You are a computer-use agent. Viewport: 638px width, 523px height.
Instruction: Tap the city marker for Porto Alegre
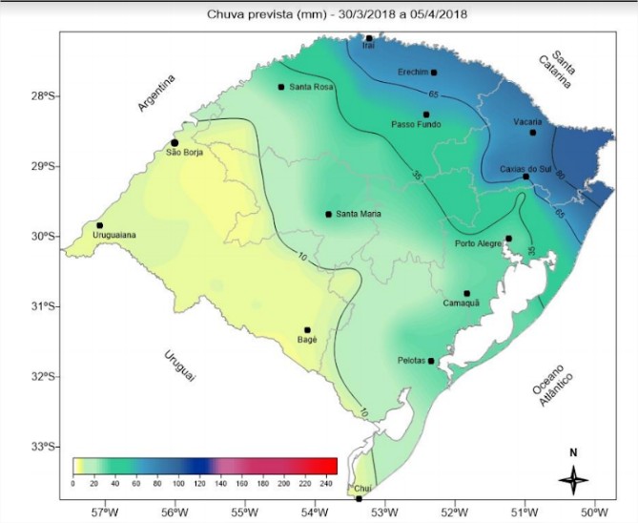tap(508, 239)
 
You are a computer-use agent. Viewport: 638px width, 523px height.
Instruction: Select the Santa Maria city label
tap(359, 215)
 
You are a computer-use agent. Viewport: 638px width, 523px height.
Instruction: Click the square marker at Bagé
tap(307, 330)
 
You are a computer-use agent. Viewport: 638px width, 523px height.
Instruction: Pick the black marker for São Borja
tap(175, 142)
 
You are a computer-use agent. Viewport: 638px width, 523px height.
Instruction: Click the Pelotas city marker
tap(431, 361)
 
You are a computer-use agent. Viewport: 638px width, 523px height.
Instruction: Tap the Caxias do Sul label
tap(526, 169)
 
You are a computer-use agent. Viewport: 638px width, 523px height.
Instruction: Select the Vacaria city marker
tap(533, 132)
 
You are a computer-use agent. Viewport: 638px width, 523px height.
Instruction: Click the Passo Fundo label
tap(417, 124)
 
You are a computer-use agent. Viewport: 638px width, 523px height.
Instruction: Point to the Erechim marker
tap(434, 73)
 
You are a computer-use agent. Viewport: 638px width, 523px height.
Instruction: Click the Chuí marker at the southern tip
tap(359, 497)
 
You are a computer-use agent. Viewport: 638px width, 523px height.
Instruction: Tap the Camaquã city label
tap(460, 303)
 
